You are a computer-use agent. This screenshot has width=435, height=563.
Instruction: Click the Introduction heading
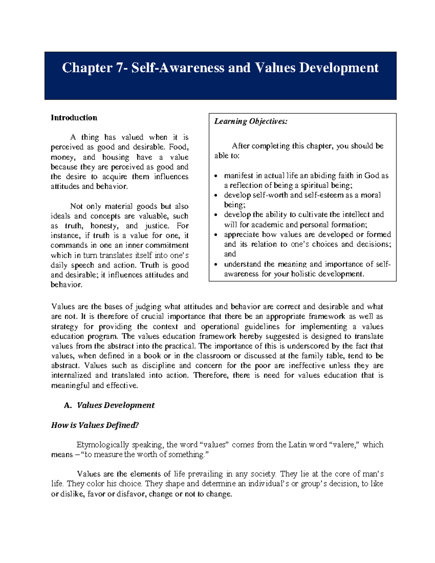click(x=74, y=117)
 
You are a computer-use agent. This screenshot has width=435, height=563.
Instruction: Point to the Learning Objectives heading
click(x=251, y=121)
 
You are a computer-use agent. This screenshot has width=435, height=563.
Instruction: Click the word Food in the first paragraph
click(x=178, y=147)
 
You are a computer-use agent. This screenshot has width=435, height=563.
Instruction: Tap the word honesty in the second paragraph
click(x=104, y=226)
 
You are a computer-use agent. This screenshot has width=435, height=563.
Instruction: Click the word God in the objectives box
click(x=372, y=175)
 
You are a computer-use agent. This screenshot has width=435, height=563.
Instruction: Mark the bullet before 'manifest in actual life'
click(x=216, y=176)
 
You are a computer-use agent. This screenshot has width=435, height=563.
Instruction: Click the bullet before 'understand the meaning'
click(x=216, y=265)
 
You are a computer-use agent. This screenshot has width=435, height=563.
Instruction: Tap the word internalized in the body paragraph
click(x=71, y=375)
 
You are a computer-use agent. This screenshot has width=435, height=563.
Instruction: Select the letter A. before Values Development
click(x=67, y=405)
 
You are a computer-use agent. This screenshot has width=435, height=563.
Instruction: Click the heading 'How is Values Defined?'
click(x=95, y=425)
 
